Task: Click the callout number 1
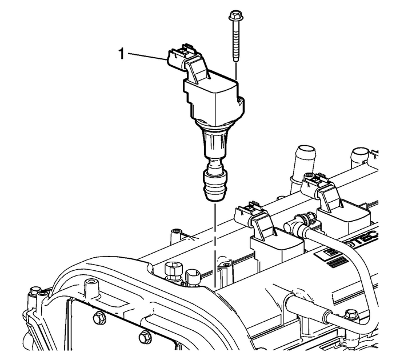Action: tap(121, 55)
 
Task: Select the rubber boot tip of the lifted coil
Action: tap(213, 185)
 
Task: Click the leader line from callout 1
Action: tap(146, 55)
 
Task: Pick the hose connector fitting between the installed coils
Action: tap(301, 220)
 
